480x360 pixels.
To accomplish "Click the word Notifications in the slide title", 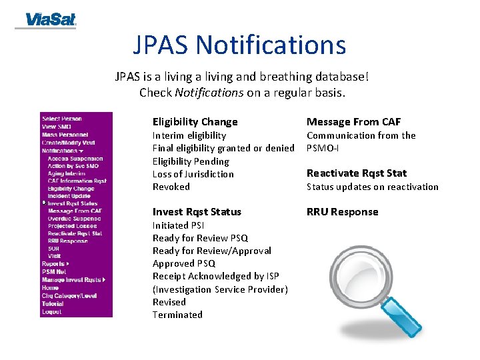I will pyautogui.click(x=271, y=45).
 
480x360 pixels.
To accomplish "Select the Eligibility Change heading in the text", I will pyautogui.click(x=195, y=121).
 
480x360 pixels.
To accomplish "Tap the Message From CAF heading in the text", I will pyautogui.click(x=353, y=121).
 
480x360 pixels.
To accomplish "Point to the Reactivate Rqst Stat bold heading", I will pyautogui.click(x=356, y=173).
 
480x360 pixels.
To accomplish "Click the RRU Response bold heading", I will pyautogui.click(x=342, y=212).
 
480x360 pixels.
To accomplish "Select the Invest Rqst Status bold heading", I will pyautogui.click(x=197, y=212).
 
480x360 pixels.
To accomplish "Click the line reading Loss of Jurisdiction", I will pyautogui.click(x=193, y=174).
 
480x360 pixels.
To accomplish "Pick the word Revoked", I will pyautogui.click(x=171, y=187).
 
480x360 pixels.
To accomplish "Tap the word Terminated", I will pyautogui.click(x=177, y=315).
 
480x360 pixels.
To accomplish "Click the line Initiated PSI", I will pyautogui.click(x=178, y=225).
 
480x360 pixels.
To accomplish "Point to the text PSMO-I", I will pyautogui.click(x=322, y=148).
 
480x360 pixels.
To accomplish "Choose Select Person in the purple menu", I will pyautogui.click(x=62, y=119).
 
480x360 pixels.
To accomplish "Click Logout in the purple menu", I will pyautogui.click(x=51, y=311).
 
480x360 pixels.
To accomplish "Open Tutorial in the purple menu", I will pyautogui.click(x=53, y=303).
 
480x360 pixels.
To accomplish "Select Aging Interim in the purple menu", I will pyautogui.click(x=67, y=173).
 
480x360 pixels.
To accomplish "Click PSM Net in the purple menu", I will pyautogui.click(x=54, y=272).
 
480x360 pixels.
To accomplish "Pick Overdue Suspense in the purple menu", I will pyautogui.click(x=74, y=219).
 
